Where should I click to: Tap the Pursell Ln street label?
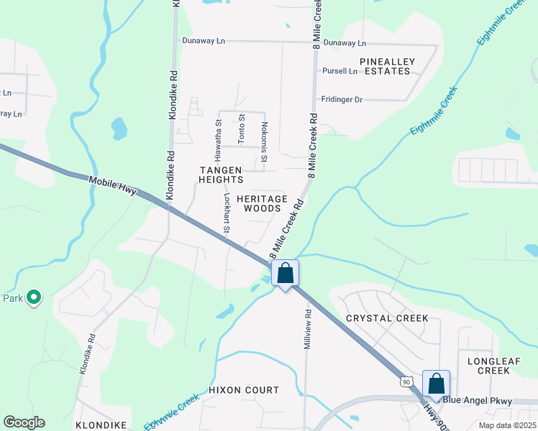339,71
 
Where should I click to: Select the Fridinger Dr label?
342,100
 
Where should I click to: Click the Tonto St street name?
242,128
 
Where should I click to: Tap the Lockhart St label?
226,213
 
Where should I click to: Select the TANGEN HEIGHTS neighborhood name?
221,175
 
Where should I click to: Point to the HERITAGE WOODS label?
262,203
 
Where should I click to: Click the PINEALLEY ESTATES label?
388,66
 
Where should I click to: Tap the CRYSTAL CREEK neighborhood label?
387,318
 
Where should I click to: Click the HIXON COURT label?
244,390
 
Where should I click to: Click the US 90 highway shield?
407,381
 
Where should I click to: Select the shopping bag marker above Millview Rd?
286,274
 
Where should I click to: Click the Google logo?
24,422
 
